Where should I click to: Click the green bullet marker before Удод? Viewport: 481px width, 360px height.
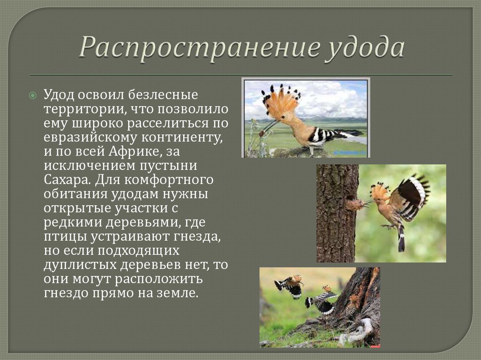[x=32, y=95]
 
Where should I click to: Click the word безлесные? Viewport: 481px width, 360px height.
[x=163, y=94]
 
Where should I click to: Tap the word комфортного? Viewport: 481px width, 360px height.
[x=169, y=180]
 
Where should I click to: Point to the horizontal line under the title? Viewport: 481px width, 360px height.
[x=241, y=75]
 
